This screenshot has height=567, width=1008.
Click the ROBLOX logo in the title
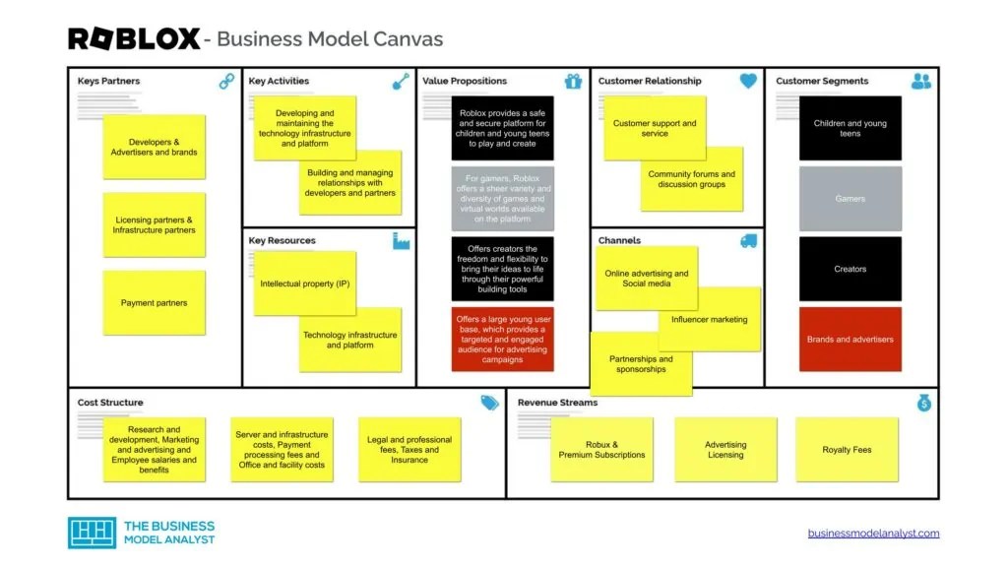pyautogui.click(x=133, y=39)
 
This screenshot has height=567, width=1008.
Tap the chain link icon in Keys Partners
pyautogui.click(x=227, y=82)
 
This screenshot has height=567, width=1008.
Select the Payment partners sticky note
pyautogui.click(x=155, y=303)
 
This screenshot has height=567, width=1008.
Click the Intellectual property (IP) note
pyautogui.click(x=304, y=283)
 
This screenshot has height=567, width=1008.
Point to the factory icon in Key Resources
pyautogui.click(x=401, y=241)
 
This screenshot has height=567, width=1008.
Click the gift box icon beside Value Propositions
pyautogui.click(x=573, y=82)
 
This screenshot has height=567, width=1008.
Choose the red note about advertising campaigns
pyautogui.click(x=502, y=340)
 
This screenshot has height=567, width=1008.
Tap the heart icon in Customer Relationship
pyautogui.click(x=748, y=82)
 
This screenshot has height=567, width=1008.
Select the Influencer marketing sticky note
pyautogui.click(x=710, y=320)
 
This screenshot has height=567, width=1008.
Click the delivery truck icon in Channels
pyautogui.click(x=748, y=241)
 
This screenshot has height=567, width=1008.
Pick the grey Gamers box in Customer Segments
pyautogui.click(x=850, y=199)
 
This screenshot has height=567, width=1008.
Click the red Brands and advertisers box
pyautogui.click(x=850, y=340)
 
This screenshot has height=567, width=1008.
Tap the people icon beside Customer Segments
pyautogui.click(x=921, y=82)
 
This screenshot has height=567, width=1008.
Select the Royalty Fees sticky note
pyautogui.click(x=847, y=450)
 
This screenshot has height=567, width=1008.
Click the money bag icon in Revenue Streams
pyautogui.click(x=923, y=403)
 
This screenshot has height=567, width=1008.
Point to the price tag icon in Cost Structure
pyautogui.click(x=489, y=403)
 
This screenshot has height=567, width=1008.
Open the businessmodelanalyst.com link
pyautogui.click(x=873, y=534)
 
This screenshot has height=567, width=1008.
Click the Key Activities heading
pyautogui.click(x=279, y=81)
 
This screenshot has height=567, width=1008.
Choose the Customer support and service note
pyautogui.click(x=655, y=128)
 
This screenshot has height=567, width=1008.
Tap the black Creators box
pyautogui.click(x=850, y=269)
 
